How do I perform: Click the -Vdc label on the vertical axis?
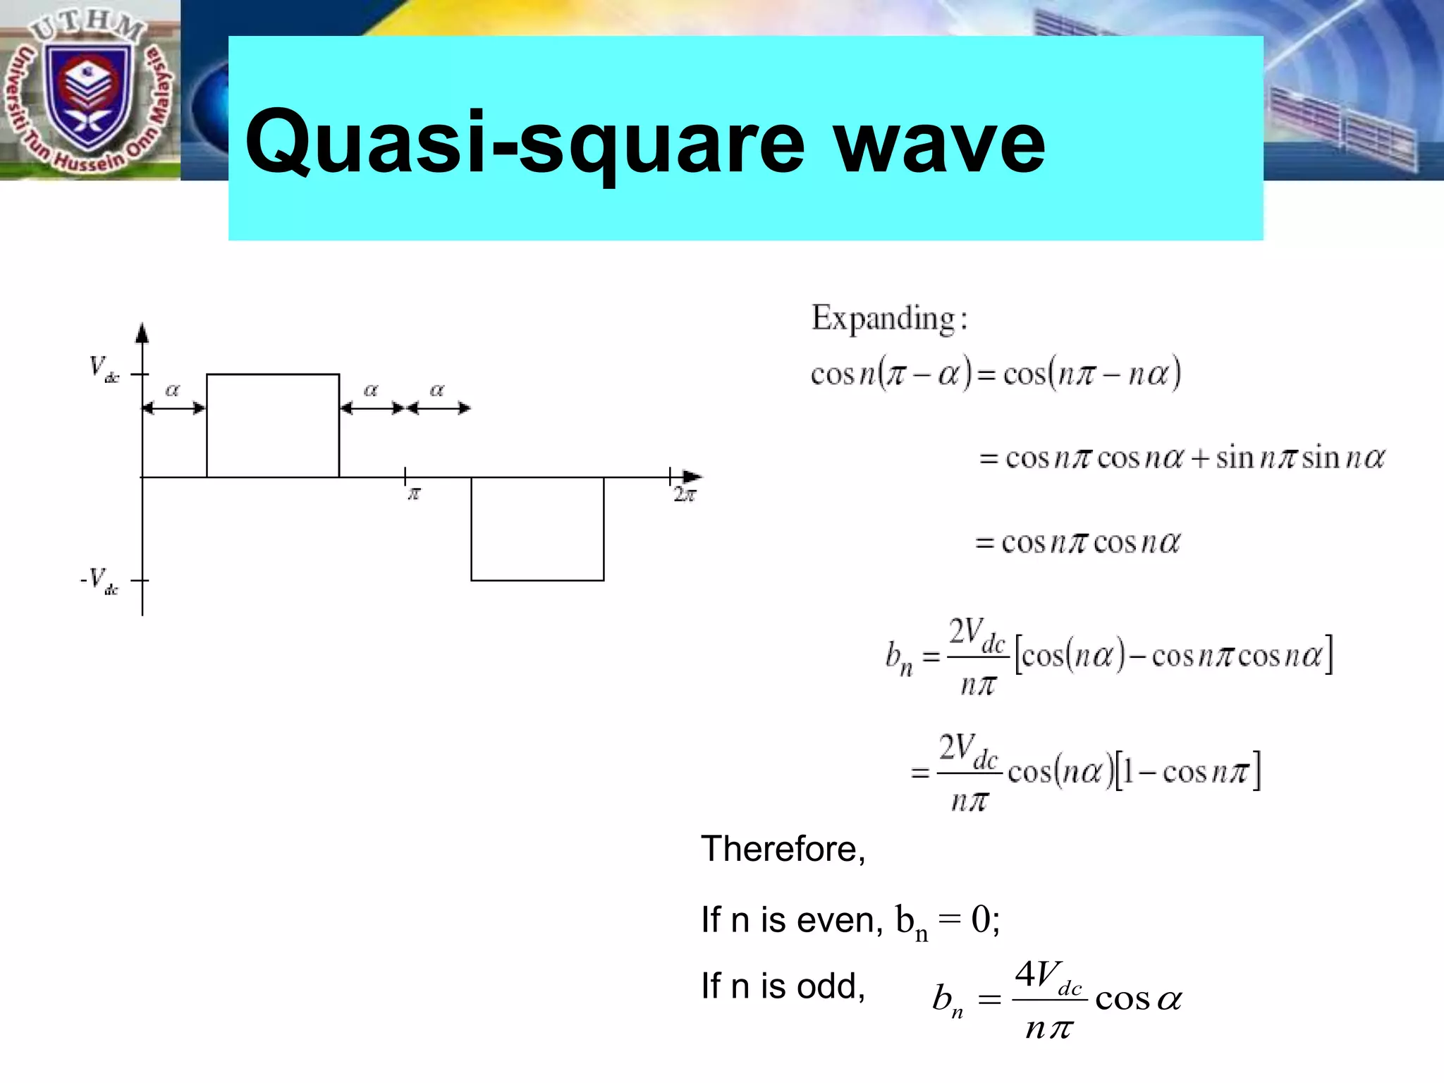(99, 581)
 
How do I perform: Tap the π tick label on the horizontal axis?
(414, 494)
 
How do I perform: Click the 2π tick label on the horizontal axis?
(684, 495)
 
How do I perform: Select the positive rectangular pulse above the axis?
(273, 425)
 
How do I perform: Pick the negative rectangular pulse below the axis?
(537, 529)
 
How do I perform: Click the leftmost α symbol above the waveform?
(173, 390)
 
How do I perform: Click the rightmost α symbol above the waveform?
(437, 390)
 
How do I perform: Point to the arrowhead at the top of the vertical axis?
(142, 332)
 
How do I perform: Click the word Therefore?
(783, 849)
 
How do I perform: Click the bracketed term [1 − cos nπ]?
(1187, 772)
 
